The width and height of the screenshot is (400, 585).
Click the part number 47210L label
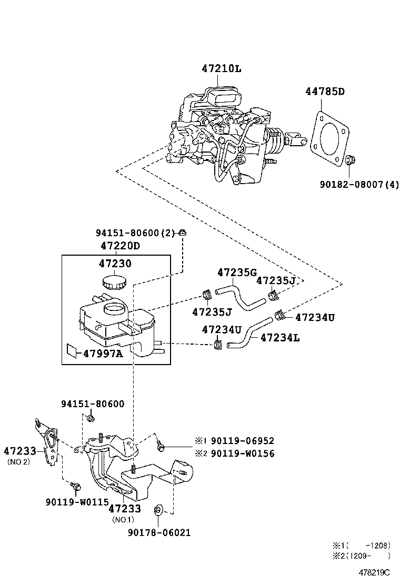click(222, 68)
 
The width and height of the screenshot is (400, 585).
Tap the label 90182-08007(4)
click(359, 185)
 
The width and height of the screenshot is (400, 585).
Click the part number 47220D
click(120, 246)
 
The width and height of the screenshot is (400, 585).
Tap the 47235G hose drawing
click(242, 297)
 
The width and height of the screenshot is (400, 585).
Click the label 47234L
click(280, 338)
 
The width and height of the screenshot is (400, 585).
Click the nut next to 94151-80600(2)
click(183, 233)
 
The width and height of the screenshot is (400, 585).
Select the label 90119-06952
click(242, 441)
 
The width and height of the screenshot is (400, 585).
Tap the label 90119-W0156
click(242, 453)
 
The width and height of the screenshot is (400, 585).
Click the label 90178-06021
click(159, 532)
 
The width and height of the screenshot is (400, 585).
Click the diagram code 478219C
click(375, 572)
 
